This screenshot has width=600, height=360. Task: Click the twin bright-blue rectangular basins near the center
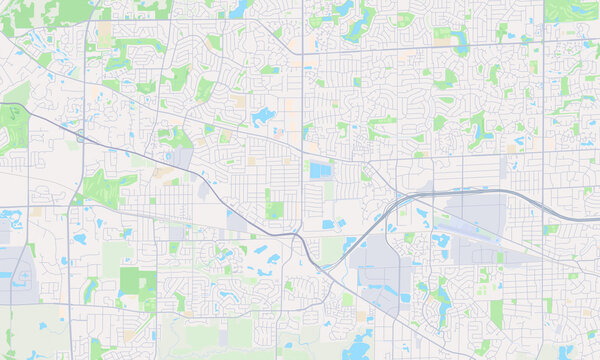320,171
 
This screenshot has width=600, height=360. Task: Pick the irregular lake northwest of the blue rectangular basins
264,116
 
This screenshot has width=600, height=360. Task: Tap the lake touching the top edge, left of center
239,9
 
